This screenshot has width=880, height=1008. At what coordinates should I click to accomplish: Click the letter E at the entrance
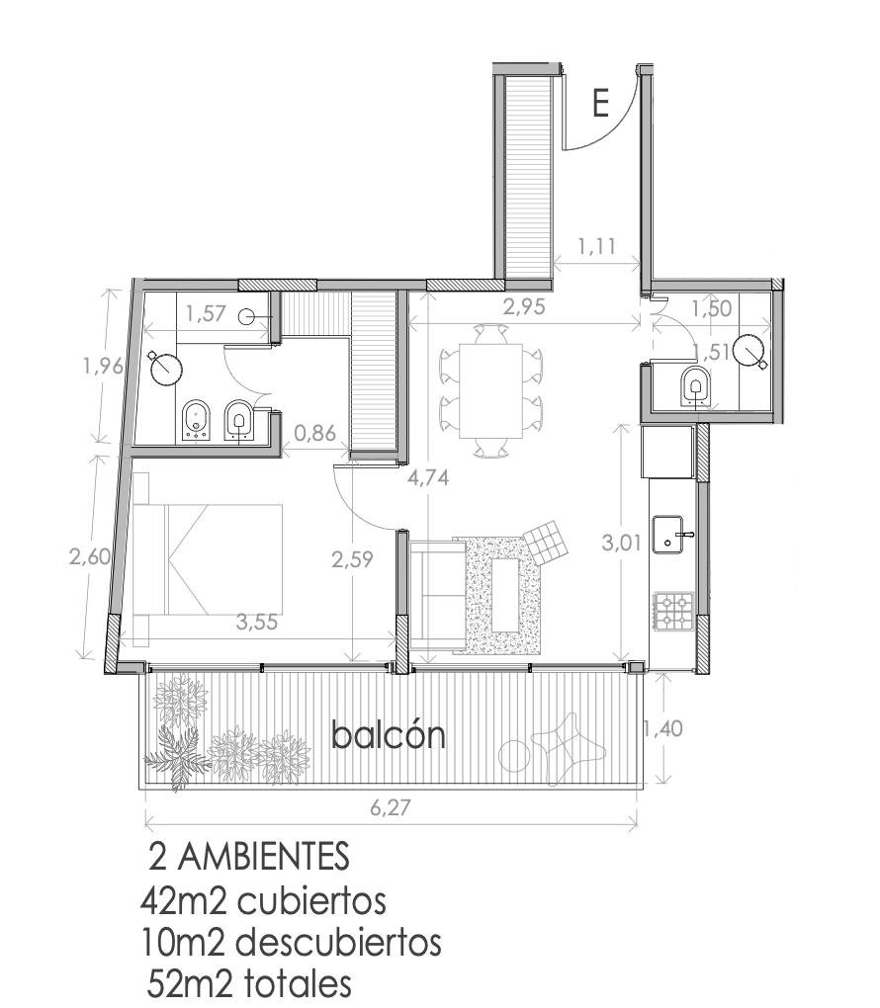pyautogui.click(x=600, y=103)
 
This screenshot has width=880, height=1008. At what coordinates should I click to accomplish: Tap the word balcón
pyautogui.click(x=388, y=735)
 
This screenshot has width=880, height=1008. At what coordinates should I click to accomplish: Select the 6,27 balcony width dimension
pyautogui.click(x=391, y=806)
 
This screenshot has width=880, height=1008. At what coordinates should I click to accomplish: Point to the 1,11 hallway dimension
pyautogui.click(x=597, y=245)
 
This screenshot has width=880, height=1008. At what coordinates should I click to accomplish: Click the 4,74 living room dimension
pyautogui.click(x=428, y=477)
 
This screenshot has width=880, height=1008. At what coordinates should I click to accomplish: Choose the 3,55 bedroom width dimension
pyautogui.click(x=257, y=622)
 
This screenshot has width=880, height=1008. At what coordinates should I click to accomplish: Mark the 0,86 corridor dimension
pyautogui.click(x=315, y=433)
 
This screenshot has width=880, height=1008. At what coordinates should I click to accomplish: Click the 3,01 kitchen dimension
pyautogui.click(x=621, y=543)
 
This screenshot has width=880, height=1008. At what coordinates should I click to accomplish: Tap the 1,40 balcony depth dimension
pyautogui.click(x=663, y=728)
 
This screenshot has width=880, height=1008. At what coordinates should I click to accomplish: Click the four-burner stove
pyautogui.click(x=674, y=611)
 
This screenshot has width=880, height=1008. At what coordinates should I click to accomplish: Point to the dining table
pyautogui.click(x=490, y=391)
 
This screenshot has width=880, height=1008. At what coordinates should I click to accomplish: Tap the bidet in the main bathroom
pyautogui.click(x=196, y=421)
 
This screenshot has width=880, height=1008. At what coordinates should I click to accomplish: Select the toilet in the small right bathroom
pyautogui.click(x=694, y=385)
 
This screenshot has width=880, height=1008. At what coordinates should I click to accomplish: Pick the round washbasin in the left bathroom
pyautogui.click(x=167, y=369)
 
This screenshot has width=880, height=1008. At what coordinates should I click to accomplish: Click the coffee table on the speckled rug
pyautogui.click(x=507, y=596)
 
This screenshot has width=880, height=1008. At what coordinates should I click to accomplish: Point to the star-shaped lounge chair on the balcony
pyautogui.click(x=568, y=748)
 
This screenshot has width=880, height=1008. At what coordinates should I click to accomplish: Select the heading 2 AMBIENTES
pyautogui.click(x=248, y=856)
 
